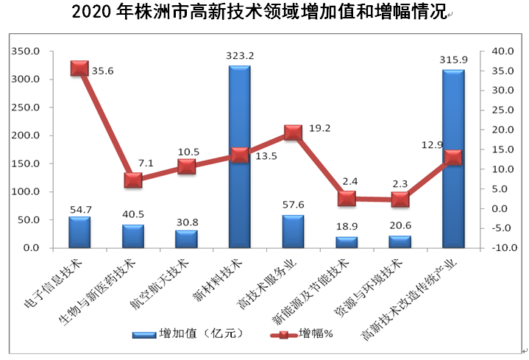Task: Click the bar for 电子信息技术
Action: pyautogui.click(x=79, y=232)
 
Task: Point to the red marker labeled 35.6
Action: pyautogui.click(x=79, y=68)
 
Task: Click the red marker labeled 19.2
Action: pyautogui.click(x=293, y=133)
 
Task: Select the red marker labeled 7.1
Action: pyautogui.click(x=133, y=180)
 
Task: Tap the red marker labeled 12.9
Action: pyautogui.click(x=453, y=158)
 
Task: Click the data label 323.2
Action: pyautogui.click(x=239, y=55)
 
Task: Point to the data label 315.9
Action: pyautogui.click(x=453, y=60)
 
